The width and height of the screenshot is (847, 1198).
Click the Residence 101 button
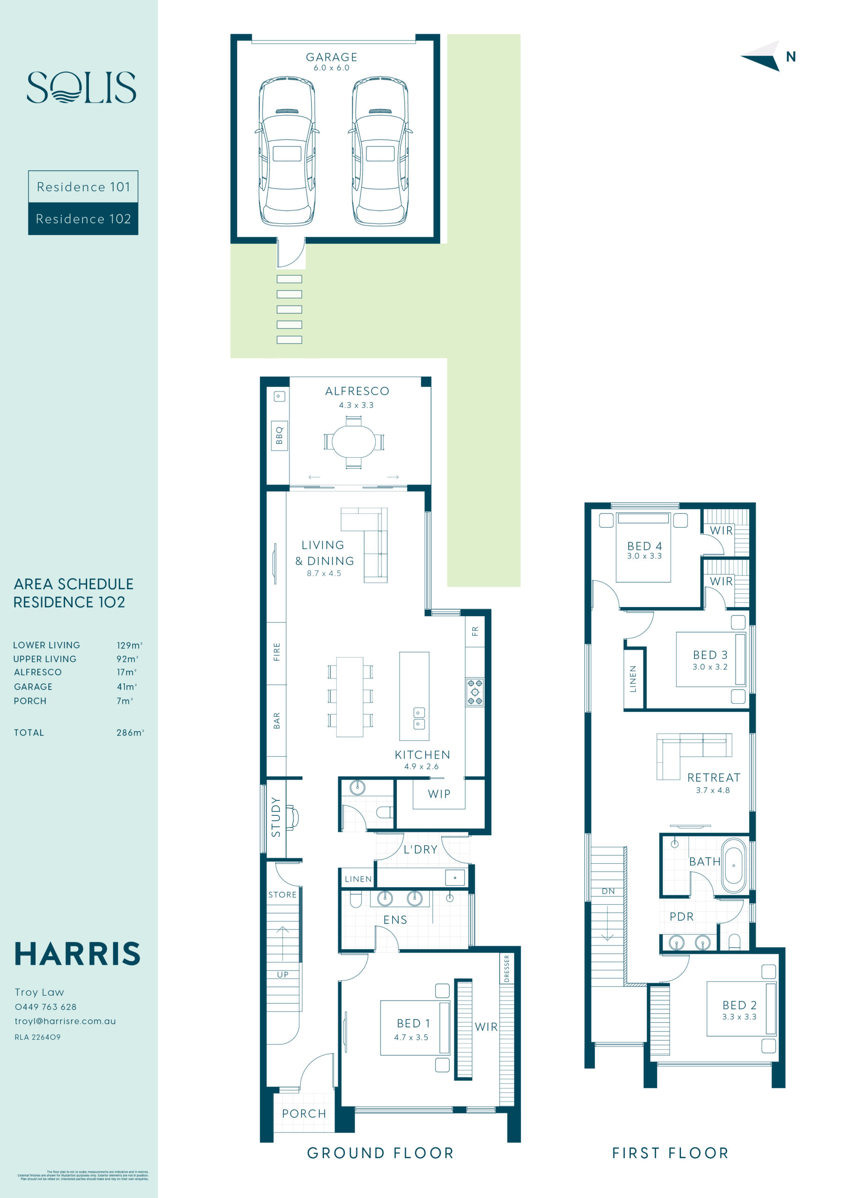tap(83, 187)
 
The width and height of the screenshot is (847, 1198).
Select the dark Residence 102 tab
tap(83, 219)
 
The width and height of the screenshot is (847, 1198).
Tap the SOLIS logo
tap(81, 87)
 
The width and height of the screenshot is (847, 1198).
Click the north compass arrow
tap(762, 56)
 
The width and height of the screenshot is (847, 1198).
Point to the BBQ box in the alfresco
tap(279, 435)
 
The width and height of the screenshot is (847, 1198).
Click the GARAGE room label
tap(331, 57)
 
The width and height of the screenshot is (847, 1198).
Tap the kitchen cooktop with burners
tap(475, 692)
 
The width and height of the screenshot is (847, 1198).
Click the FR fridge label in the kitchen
tap(475, 631)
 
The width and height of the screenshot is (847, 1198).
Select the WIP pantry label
tap(439, 794)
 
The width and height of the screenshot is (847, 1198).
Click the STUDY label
tap(276, 817)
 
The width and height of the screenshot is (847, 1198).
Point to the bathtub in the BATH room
tap(733, 866)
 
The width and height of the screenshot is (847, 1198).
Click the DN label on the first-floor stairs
tap(608, 891)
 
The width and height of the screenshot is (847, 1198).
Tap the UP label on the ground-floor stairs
tap(282, 975)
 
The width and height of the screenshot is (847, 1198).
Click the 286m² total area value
tap(130, 732)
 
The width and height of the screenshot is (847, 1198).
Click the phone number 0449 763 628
tap(46, 1007)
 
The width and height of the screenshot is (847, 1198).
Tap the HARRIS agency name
tap(77, 954)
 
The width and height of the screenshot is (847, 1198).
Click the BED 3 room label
tap(710, 655)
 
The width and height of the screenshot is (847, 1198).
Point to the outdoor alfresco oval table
tap(353, 441)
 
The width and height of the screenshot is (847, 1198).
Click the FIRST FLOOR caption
tap(670, 1153)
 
